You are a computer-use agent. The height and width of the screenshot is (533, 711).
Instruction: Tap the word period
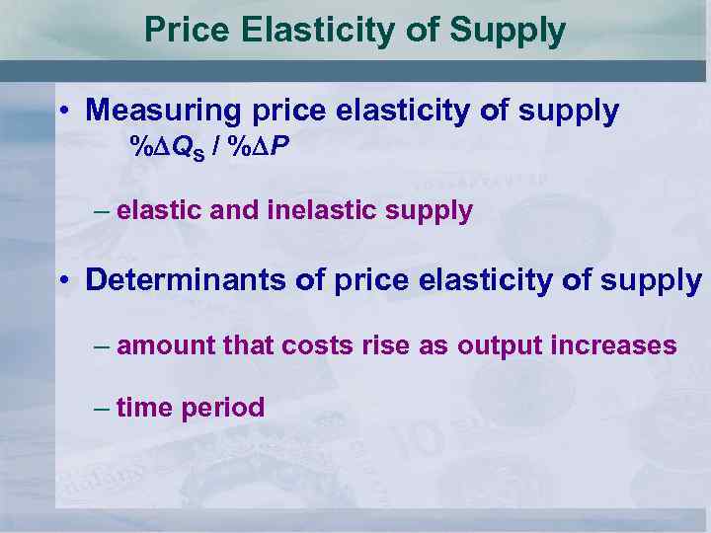[x=223, y=409]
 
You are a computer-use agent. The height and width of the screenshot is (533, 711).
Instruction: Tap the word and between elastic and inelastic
[x=229, y=210]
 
